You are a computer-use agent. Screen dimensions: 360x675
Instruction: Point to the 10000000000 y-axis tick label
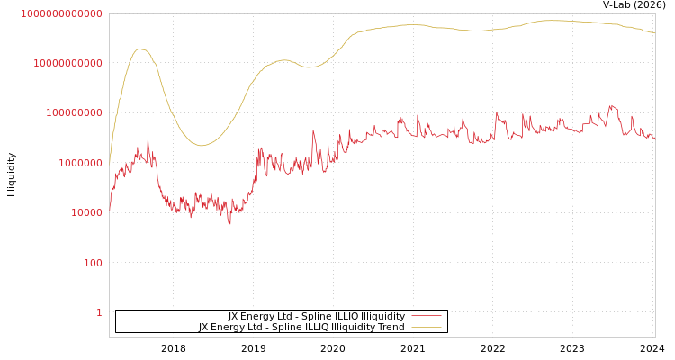pyautogui.click(x=67, y=63)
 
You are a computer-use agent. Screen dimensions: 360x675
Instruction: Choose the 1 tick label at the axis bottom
pyautogui.click(x=99, y=312)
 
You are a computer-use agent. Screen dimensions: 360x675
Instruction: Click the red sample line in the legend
pyautogui.click(x=426, y=316)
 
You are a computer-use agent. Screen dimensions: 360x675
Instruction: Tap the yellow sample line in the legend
pyautogui.click(x=426, y=327)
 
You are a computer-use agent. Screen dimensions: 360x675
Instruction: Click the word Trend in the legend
pyautogui.click(x=391, y=327)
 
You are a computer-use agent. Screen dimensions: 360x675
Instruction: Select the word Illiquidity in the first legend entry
pyautogui.click(x=383, y=316)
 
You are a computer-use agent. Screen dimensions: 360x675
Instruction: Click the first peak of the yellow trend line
pyautogui.click(x=140, y=49)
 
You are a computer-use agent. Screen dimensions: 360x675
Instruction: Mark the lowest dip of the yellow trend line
pyautogui.click(x=201, y=145)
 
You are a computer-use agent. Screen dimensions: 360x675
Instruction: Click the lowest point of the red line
pyautogui.click(x=229, y=223)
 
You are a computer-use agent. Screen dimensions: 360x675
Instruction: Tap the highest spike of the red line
pyautogui.click(x=612, y=105)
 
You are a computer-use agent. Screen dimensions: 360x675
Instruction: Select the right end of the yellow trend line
pyautogui.click(x=654, y=33)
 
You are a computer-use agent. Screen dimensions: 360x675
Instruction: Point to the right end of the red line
pyautogui.click(x=654, y=138)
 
